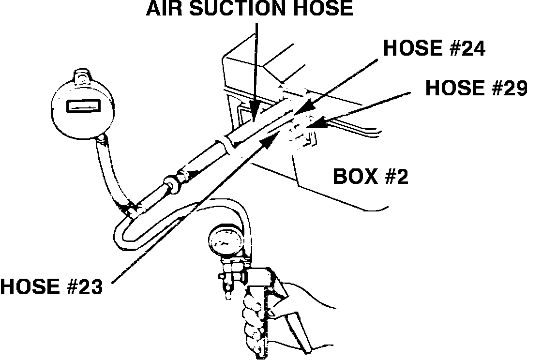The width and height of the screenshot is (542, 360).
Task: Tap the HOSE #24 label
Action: (434, 48)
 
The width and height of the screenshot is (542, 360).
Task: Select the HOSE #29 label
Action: (476, 89)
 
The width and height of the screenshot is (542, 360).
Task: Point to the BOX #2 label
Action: (370, 177)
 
